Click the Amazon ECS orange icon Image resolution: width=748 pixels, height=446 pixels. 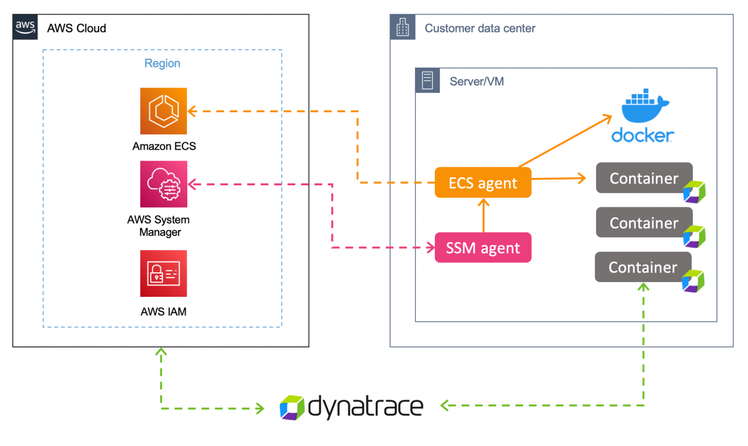[x=163, y=111]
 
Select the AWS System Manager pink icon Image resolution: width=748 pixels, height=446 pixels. [x=163, y=184]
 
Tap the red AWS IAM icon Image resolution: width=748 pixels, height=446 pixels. [x=163, y=273]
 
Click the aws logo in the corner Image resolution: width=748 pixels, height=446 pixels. [x=25, y=27]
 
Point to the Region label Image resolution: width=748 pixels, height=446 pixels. [x=162, y=63]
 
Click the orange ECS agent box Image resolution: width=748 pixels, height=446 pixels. [x=482, y=183]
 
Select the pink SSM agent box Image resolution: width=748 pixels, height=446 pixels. [x=482, y=248]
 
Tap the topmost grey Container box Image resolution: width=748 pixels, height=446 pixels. [x=643, y=178]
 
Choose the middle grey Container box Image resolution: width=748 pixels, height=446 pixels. [x=643, y=223]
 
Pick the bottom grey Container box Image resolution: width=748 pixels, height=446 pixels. [x=642, y=267]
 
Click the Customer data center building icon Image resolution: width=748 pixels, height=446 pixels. [x=403, y=27]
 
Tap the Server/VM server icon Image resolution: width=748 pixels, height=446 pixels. [x=427, y=80]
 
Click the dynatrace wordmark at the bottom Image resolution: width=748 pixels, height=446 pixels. [x=365, y=406]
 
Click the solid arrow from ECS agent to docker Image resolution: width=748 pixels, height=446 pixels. [x=565, y=141]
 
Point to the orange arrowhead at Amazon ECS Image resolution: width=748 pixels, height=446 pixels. [x=192, y=111]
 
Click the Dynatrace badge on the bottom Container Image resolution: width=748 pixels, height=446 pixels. [x=693, y=281]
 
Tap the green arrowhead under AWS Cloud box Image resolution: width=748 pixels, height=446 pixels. [x=161, y=352]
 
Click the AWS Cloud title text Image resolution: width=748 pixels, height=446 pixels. [x=76, y=28]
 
